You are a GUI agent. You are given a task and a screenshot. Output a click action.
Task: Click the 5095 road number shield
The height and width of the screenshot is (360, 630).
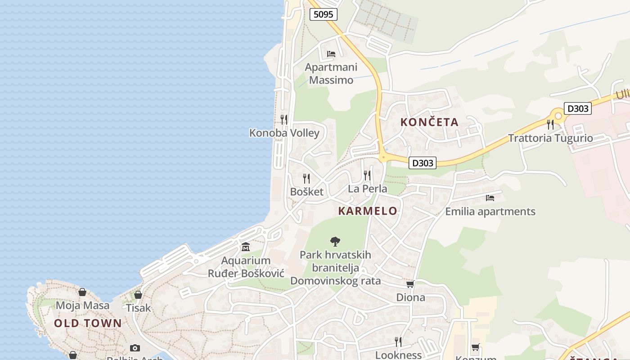pyautogui.click(x=323, y=14)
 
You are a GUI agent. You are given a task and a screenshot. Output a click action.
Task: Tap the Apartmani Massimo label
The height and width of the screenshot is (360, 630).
pyautogui.click(x=331, y=74)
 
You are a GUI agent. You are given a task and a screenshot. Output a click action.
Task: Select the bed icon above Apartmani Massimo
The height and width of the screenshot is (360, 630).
pyautogui.click(x=331, y=54)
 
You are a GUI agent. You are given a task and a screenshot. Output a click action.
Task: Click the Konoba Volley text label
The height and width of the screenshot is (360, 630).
pyautogui.click(x=284, y=133)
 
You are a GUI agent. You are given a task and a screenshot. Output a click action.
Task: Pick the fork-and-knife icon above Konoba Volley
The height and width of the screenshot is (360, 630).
pyautogui.click(x=284, y=119)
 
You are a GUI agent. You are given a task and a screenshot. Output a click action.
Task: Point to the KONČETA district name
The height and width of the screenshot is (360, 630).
pyautogui.click(x=429, y=122)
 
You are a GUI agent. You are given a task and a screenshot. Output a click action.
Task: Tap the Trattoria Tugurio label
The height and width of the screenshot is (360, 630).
pyautogui.click(x=550, y=138)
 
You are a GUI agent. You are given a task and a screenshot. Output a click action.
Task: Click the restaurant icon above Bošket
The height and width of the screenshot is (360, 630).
pyautogui.click(x=306, y=178)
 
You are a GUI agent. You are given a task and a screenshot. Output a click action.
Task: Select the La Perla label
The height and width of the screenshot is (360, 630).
pyautogui.click(x=367, y=189)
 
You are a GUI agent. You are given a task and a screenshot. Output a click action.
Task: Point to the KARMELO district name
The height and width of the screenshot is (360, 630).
pyautogui.click(x=368, y=211)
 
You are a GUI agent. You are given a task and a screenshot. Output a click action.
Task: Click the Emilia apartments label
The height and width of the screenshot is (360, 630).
pyautogui.click(x=490, y=211)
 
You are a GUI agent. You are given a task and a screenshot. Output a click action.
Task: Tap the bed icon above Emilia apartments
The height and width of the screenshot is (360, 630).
pyautogui.click(x=490, y=198)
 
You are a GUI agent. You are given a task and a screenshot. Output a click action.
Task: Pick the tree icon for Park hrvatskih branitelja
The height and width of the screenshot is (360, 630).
pyautogui.click(x=335, y=242)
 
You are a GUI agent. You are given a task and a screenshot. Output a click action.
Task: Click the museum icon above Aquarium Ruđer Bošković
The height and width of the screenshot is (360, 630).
pyautogui.click(x=246, y=247)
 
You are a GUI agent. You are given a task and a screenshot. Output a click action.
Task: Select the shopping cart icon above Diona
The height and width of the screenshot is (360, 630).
pyautogui.click(x=410, y=284)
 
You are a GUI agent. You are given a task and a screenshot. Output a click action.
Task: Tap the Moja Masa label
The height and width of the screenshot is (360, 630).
pyautogui.click(x=82, y=306)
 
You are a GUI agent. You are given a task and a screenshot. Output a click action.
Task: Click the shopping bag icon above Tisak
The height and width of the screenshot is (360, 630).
pyautogui.click(x=138, y=295)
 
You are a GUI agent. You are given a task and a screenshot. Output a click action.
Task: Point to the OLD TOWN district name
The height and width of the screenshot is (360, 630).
pyautogui.click(x=88, y=323)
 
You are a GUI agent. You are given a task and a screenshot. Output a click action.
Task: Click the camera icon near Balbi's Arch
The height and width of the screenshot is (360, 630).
pyautogui.click(x=135, y=348)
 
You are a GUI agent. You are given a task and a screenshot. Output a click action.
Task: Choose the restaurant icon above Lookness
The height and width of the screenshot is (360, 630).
pyautogui.click(x=398, y=342)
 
